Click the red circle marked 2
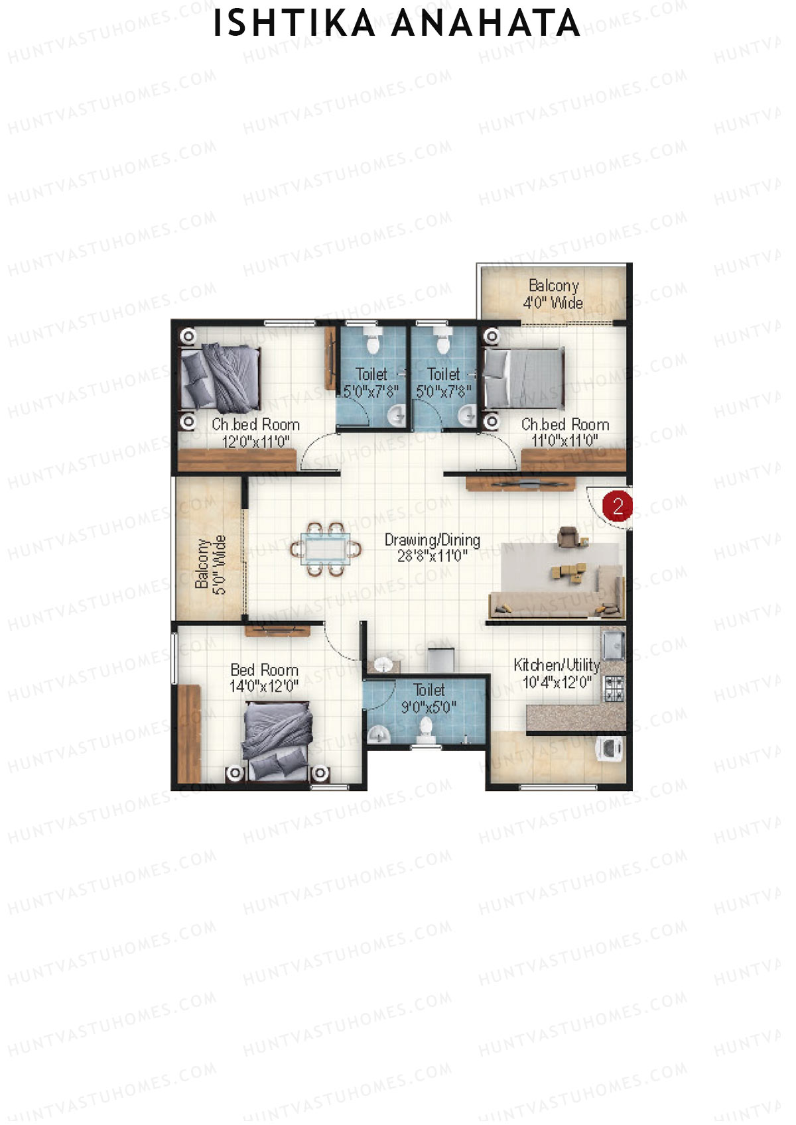click(618, 507)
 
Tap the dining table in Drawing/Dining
click(325, 550)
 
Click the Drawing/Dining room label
click(432, 540)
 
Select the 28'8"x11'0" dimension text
click(432, 556)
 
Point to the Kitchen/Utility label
click(557, 665)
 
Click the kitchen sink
click(614, 644)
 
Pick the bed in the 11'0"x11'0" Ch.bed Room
click(524, 379)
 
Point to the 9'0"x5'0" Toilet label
click(429, 699)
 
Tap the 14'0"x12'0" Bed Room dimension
click(264, 686)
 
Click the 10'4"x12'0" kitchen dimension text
click(557, 682)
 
